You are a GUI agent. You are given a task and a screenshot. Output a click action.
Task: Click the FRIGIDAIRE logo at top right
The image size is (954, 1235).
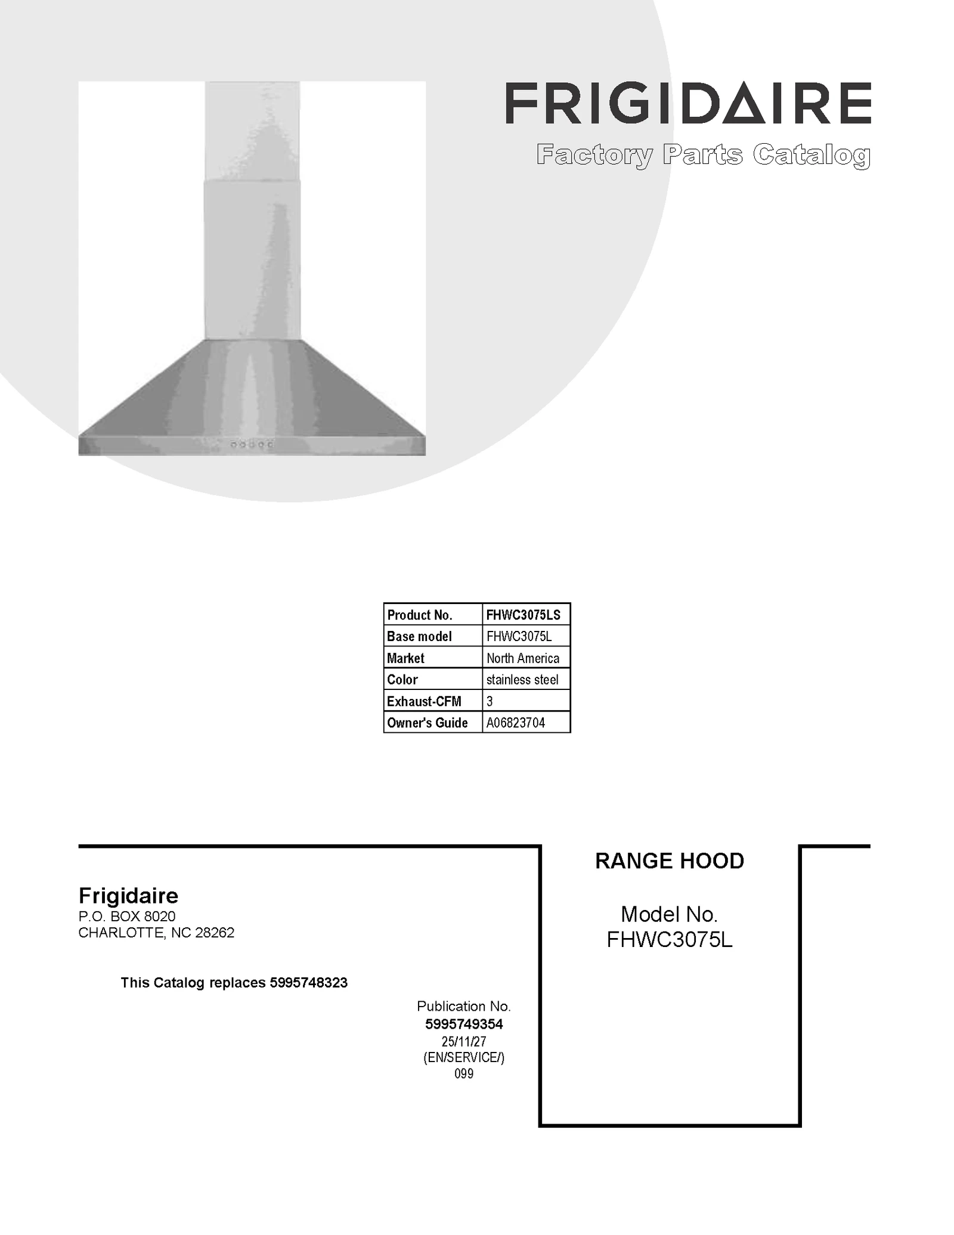coord(688,103)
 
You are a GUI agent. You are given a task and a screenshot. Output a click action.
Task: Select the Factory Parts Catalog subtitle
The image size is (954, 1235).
coord(703,155)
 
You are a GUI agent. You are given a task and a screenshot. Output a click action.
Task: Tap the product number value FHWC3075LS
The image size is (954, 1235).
coord(523,615)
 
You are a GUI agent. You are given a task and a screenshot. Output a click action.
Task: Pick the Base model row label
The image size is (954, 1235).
coord(419,636)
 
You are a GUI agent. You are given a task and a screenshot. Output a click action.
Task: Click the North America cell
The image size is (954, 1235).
coord(522,658)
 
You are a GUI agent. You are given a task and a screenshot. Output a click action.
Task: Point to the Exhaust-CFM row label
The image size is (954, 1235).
coord(423,701)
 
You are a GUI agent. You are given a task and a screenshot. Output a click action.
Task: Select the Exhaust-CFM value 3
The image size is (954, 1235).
coord(490,701)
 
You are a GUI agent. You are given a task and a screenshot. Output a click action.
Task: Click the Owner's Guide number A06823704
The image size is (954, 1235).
coord(515,723)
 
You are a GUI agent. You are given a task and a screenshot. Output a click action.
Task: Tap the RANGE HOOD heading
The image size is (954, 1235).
coord(669,861)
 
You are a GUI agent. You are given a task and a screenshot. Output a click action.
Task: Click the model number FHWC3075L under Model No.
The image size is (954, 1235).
coord(669,940)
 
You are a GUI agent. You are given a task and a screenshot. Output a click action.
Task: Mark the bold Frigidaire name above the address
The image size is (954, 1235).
coord(128,896)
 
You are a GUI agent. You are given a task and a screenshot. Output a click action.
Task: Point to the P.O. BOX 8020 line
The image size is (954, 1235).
coord(127,916)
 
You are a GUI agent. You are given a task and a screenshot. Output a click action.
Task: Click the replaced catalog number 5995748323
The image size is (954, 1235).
coord(308,982)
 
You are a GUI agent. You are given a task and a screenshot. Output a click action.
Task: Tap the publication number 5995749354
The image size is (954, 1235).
coord(464,1024)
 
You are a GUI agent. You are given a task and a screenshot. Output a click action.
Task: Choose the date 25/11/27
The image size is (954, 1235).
coord(464,1041)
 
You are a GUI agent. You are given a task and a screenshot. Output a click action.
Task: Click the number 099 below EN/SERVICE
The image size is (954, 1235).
coord(464,1073)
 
